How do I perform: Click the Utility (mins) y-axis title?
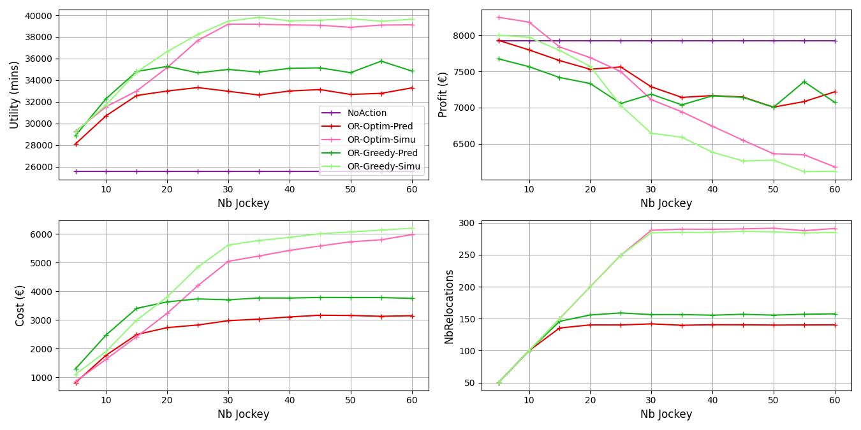tap(15, 95)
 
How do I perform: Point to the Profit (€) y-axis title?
tap(443, 95)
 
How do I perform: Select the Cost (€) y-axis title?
tap(20, 306)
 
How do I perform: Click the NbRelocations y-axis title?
tap(449, 306)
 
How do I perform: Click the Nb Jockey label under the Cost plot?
tap(243, 414)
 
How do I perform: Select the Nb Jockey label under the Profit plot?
tap(666, 203)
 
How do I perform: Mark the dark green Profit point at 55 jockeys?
tap(804, 82)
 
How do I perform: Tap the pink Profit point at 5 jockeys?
tap(499, 17)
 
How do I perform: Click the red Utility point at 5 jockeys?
tap(76, 144)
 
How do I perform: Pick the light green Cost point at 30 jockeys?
tap(228, 245)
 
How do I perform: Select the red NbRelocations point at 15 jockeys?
tap(559, 328)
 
